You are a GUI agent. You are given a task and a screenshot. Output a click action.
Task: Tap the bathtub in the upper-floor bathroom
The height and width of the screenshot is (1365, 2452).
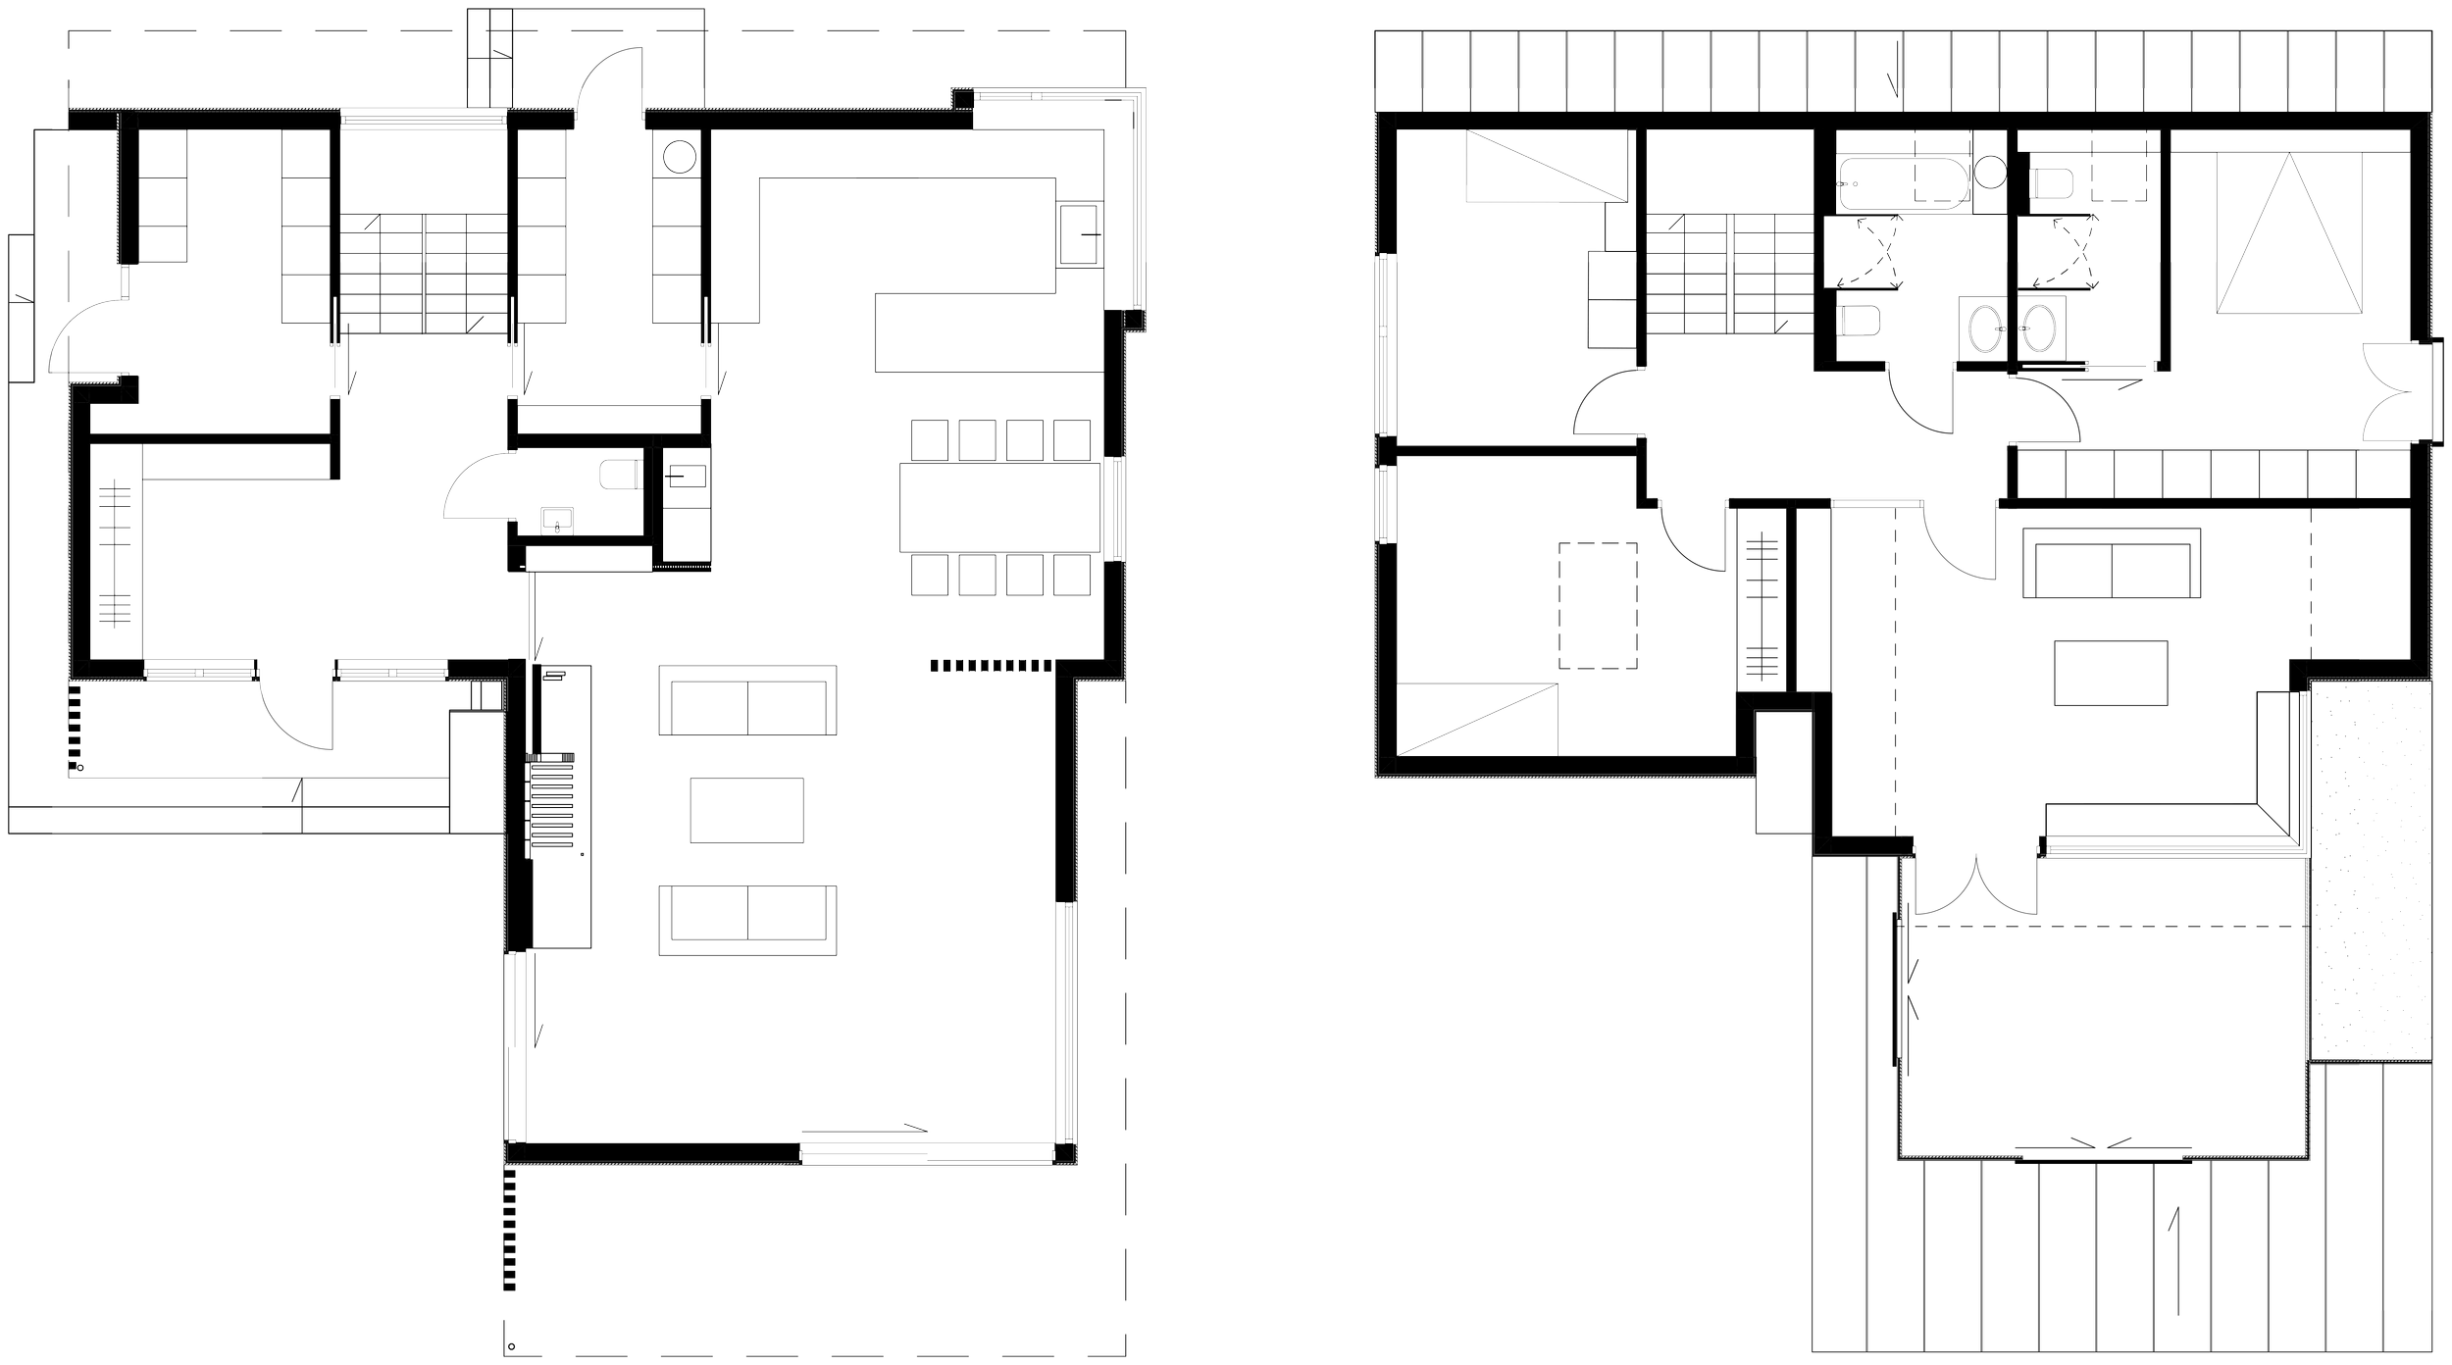(1904, 185)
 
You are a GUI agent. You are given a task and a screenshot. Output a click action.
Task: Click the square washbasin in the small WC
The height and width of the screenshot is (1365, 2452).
(557, 522)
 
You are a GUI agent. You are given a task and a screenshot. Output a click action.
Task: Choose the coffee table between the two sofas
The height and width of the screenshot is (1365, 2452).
(746, 810)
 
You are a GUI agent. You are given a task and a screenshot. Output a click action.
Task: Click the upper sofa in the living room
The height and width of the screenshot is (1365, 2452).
(747, 700)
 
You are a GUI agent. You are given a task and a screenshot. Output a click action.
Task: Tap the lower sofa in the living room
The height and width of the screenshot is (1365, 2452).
(747, 919)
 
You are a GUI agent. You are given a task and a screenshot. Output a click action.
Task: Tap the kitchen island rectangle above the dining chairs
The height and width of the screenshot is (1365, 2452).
(989, 331)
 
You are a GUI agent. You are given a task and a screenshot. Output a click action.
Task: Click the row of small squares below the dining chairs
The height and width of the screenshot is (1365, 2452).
(991, 666)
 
